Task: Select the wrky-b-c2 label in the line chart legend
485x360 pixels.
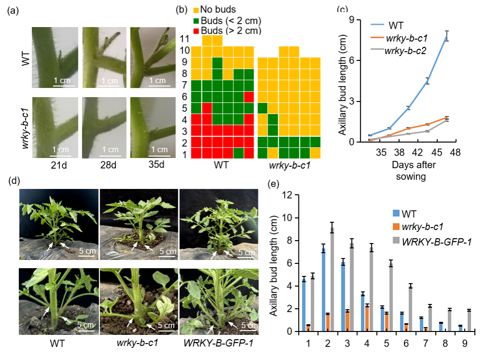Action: click(x=405, y=51)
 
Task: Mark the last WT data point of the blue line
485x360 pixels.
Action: click(x=447, y=36)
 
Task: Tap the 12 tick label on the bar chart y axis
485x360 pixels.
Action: click(x=288, y=196)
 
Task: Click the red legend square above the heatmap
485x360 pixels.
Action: click(x=196, y=31)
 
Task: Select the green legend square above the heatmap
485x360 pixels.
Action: click(x=196, y=21)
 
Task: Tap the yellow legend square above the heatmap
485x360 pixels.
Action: click(x=196, y=10)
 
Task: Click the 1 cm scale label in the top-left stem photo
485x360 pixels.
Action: click(x=61, y=80)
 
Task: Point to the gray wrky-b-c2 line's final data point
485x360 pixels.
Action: click(x=447, y=120)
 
